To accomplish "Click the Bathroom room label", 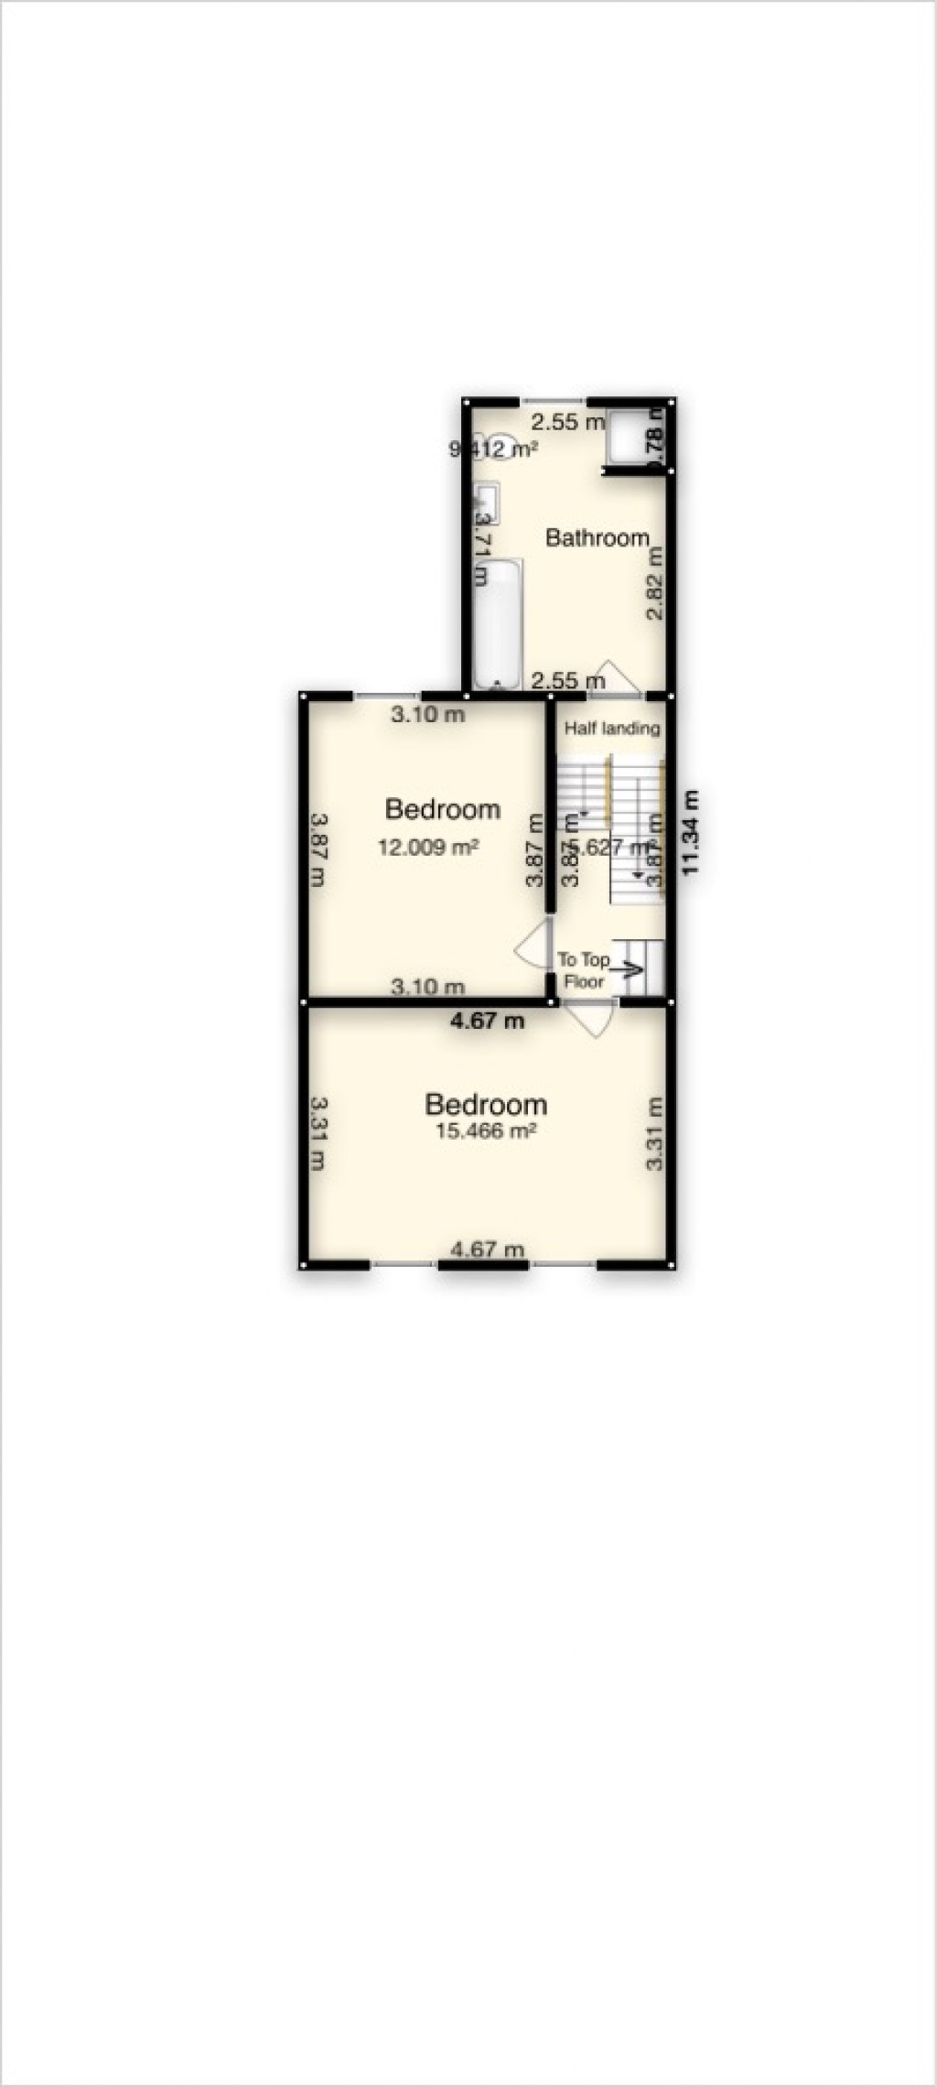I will pyautogui.click(x=597, y=537).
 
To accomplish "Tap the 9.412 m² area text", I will pyautogui.click(x=493, y=449).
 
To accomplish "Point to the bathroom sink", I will pyautogui.click(x=486, y=504).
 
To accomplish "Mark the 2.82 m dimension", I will pyautogui.click(x=654, y=584).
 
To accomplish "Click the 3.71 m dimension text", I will pyautogui.click(x=482, y=548).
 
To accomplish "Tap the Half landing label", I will pyautogui.click(x=611, y=729).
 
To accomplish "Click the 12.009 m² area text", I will pyautogui.click(x=428, y=848).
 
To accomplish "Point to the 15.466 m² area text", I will pyautogui.click(x=485, y=1131).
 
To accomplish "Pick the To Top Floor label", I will pyautogui.click(x=584, y=970).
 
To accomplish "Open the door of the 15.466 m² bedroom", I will pyautogui.click(x=590, y=1018).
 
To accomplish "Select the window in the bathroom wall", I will pyautogui.click(x=554, y=401).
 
